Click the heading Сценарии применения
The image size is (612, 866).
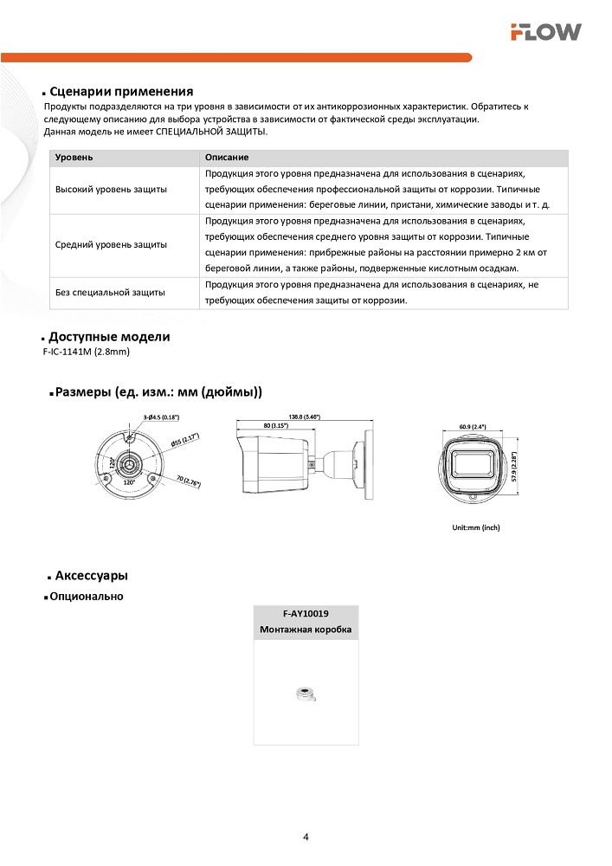tap(120, 92)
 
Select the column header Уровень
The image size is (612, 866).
tap(74, 158)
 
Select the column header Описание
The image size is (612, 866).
tap(228, 158)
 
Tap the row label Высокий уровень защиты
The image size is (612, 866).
tap(112, 189)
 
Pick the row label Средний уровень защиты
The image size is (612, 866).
tap(112, 245)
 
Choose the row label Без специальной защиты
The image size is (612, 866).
tap(110, 293)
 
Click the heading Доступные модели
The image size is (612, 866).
tap(109, 337)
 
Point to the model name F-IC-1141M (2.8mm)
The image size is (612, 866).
tap(86, 352)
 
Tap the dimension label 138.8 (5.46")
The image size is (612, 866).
tap(305, 417)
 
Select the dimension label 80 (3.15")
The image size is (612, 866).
tap(275, 426)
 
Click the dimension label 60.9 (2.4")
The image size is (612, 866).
tap(473, 426)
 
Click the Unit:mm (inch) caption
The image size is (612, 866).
tap(476, 527)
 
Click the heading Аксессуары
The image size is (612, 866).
tap(92, 576)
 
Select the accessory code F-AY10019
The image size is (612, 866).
tap(306, 613)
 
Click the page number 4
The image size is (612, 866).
tap(306, 837)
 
